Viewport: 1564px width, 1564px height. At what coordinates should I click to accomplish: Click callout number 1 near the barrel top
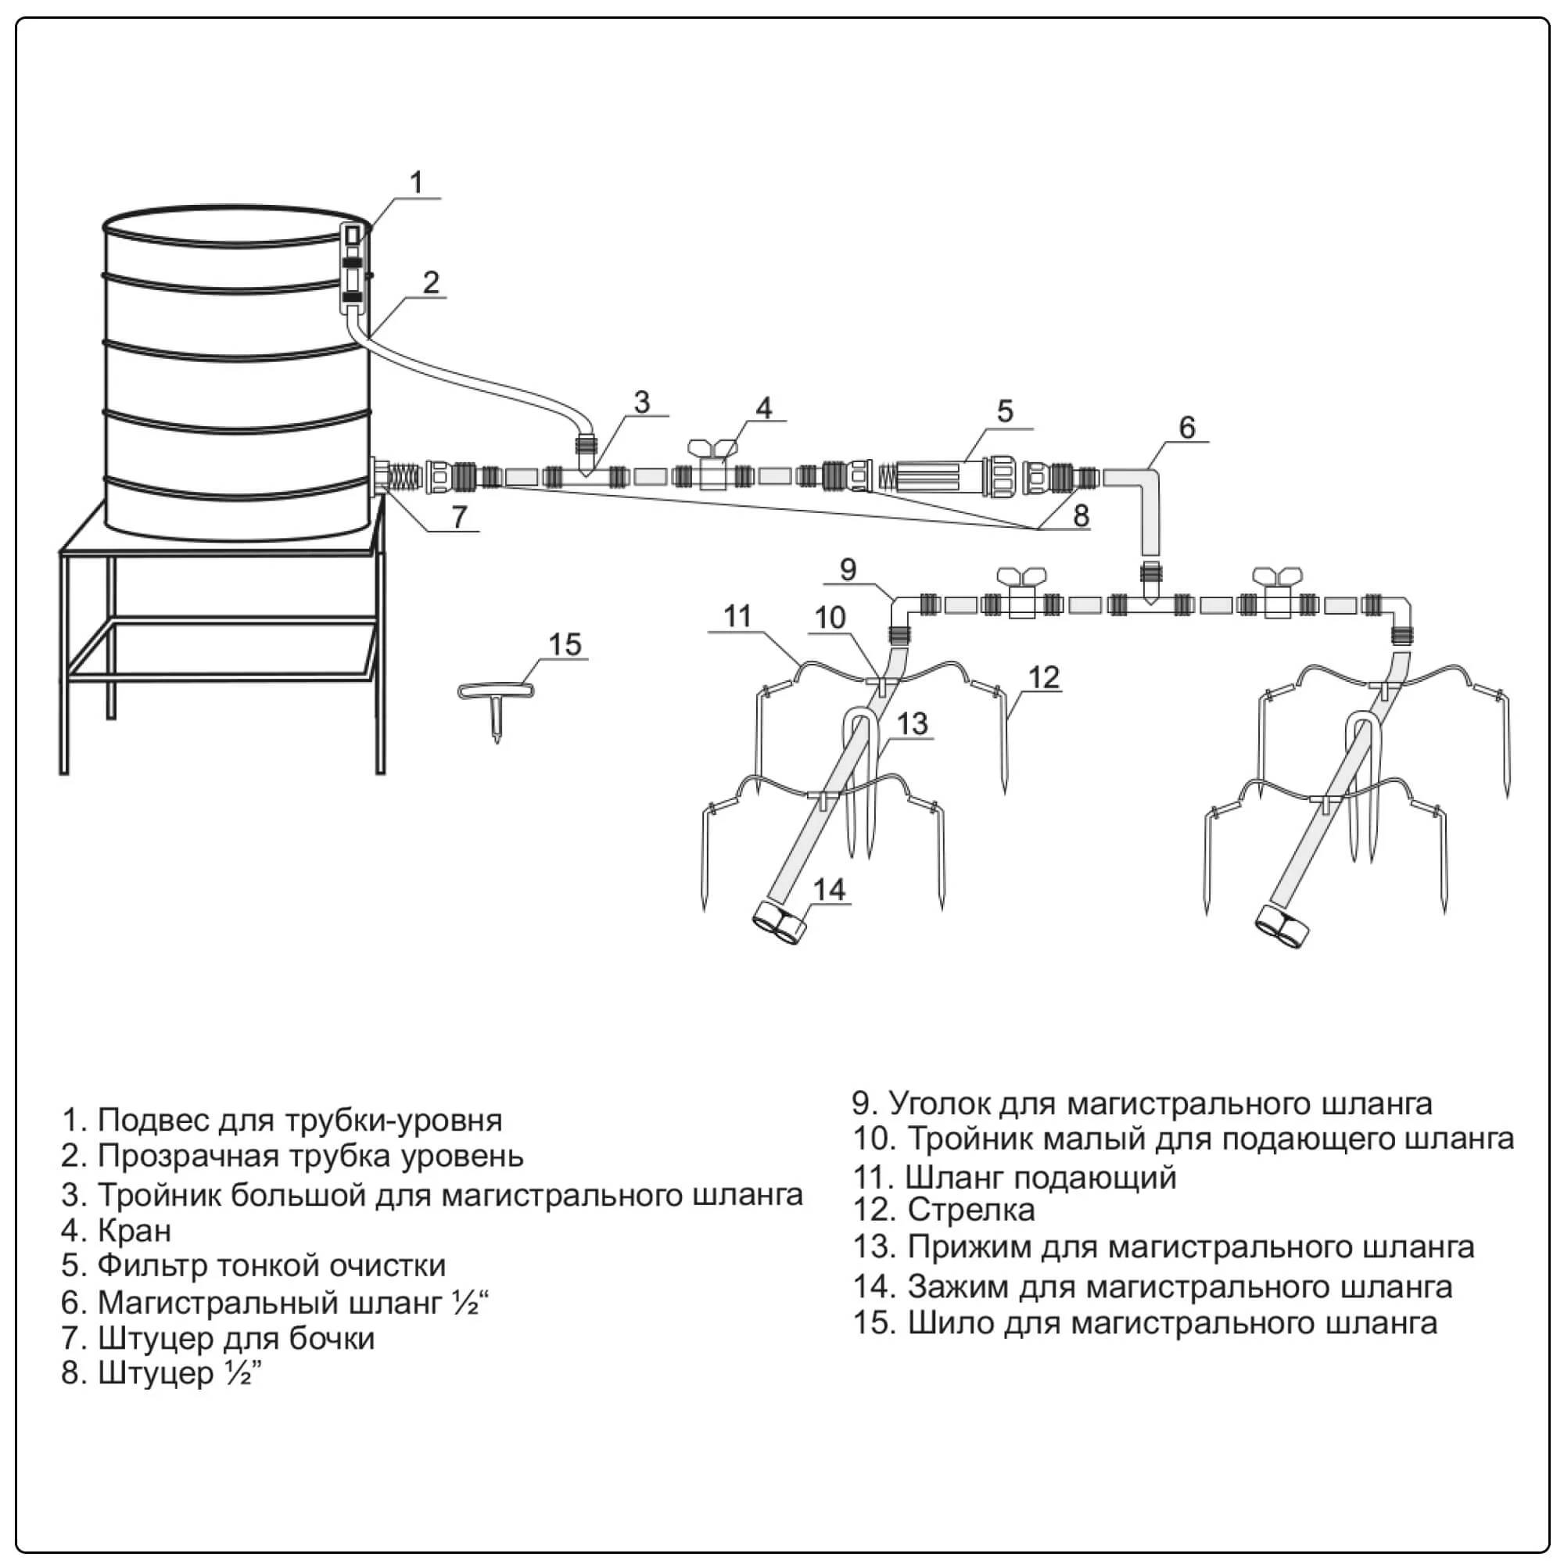point(416,182)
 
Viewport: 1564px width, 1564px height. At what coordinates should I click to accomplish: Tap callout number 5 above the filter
point(1004,411)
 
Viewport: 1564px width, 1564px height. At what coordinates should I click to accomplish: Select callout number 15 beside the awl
point(565,644)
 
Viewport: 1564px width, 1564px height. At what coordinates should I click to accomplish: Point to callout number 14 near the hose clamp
point(828,890)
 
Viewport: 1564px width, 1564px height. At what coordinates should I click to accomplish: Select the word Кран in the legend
point(135,1230)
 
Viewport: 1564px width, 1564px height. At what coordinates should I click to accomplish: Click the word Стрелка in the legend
point(970,1210)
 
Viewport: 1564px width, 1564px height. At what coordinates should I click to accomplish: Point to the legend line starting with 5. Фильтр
point(253,1265)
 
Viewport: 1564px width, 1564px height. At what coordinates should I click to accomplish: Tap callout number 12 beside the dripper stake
point(1044,676)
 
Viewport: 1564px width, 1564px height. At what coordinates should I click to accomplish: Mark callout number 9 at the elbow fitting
point(848,569)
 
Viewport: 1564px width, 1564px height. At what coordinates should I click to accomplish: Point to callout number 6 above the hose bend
point(1186,427)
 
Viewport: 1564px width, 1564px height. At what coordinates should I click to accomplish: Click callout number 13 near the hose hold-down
point(913,723)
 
